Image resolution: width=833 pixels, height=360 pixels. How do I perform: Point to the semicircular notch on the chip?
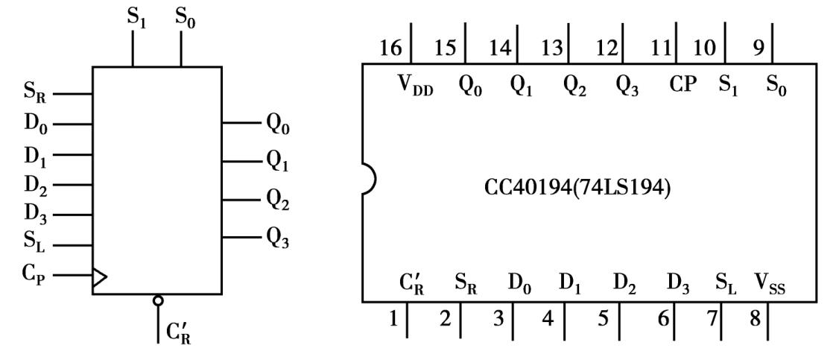pyautogui.click(x=368, y=180)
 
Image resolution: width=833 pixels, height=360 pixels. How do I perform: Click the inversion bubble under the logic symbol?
pyautogui.click(x=157, y=300)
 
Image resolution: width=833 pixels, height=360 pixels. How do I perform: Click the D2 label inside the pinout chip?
pyautogui.click(x=624, y=283)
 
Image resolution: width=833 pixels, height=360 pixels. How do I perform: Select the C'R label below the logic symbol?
pyautogui.click(x=179, y=328)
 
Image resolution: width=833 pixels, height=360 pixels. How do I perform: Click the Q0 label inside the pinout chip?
pyautogui.click(x=469, y=84)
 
